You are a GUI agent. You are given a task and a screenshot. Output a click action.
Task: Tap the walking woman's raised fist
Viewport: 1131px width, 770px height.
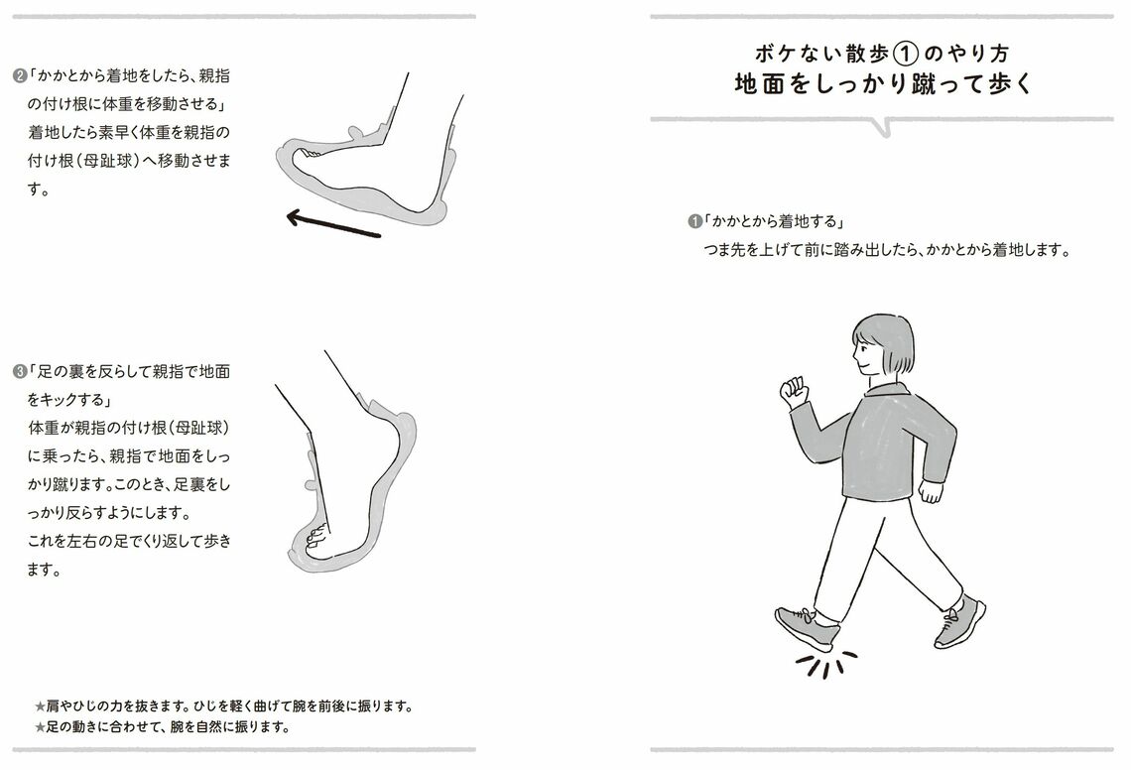794,390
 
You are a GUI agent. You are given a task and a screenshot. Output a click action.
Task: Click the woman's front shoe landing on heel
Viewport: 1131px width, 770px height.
806,628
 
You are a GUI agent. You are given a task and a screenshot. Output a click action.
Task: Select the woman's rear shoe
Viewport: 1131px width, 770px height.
959,621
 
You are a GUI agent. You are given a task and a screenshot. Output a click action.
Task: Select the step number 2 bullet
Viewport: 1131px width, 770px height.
19,76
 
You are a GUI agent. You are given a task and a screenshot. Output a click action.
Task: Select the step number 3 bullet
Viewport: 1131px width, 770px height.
19,373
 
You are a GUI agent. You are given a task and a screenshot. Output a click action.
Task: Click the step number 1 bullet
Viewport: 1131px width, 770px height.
694,221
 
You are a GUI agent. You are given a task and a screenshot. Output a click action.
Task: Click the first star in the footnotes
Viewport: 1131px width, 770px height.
40,706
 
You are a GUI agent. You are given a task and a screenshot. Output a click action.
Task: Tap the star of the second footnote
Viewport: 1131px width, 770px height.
40,726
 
